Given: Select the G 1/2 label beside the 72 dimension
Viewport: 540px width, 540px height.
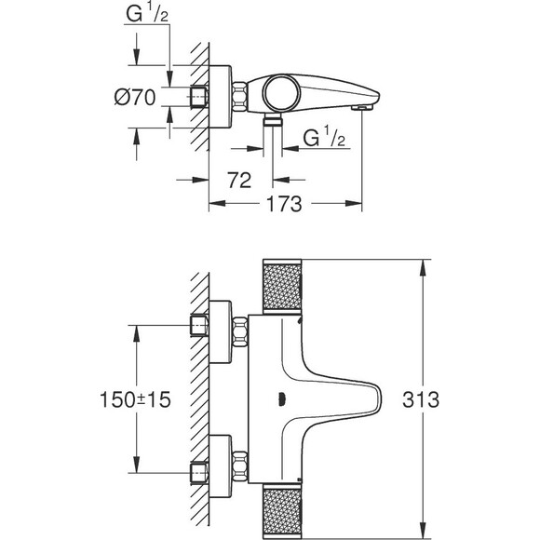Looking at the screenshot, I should tap(323, 137).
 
